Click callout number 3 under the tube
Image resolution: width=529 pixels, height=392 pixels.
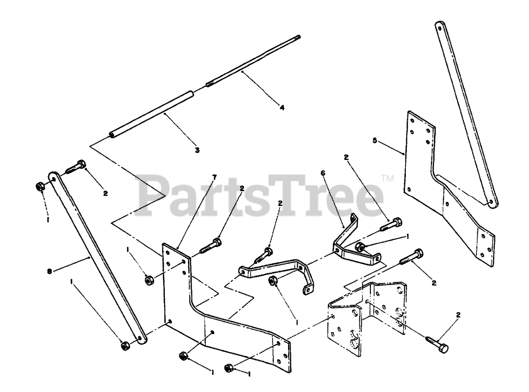tap(197, 150)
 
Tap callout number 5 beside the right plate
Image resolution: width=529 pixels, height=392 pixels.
tap(374, 140)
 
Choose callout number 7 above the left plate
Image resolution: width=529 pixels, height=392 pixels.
tap(214, 177)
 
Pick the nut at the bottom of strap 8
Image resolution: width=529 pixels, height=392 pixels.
tap(124, 346)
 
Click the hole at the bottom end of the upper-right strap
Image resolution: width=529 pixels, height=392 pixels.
tap(491, 203)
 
